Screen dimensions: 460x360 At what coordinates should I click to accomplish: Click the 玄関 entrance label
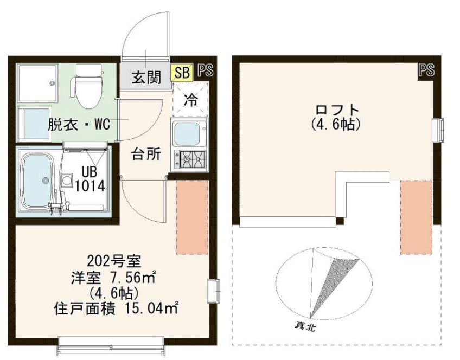(146, 78)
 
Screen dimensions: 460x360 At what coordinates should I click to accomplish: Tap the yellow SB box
(182, 73)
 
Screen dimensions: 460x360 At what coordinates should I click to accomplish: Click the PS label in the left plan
(206, 70)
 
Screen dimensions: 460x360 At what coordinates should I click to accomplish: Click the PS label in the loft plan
(426, 70)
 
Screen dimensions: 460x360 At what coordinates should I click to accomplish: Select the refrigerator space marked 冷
(190, 99)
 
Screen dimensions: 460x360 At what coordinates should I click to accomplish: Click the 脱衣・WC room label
(79, 124)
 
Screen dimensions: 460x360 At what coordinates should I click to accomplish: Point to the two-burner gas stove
(190, 159)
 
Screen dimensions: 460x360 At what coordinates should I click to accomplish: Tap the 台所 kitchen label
(146, 154)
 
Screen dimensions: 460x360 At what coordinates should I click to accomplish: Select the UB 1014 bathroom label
(90, 178)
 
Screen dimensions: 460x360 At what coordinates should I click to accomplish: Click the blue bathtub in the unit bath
(38, 181)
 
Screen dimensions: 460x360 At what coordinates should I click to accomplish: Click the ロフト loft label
(337, 110)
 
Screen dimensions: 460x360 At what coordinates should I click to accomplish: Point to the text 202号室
(114, 261)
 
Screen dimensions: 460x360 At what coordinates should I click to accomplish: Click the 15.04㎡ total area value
(152, 309)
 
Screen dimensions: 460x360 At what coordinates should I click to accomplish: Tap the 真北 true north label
(305, 326)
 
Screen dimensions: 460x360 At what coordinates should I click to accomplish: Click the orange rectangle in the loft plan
(416, 217)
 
